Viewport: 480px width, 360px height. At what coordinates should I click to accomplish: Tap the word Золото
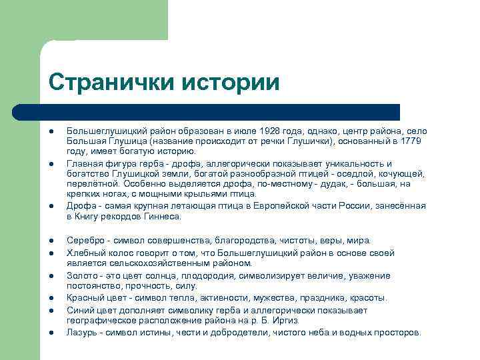(82, 276)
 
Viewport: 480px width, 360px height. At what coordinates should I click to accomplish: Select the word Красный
(86, 298)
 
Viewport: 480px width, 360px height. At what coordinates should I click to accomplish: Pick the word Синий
(80, 310)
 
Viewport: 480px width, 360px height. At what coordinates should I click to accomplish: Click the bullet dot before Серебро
(51, 240)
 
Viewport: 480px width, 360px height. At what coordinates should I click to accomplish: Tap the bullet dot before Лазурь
(51, 332)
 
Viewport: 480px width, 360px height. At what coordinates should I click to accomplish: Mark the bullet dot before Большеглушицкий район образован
(51, 131)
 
